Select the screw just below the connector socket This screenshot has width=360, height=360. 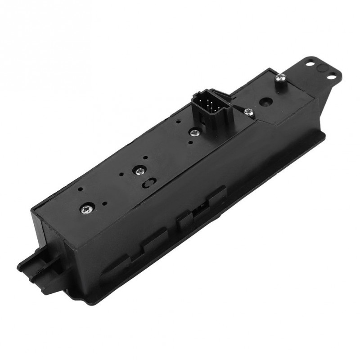(x=194, y=132)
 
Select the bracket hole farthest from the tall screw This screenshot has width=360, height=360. (x=331, y=77)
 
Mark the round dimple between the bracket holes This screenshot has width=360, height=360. (x=321, y=68)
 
